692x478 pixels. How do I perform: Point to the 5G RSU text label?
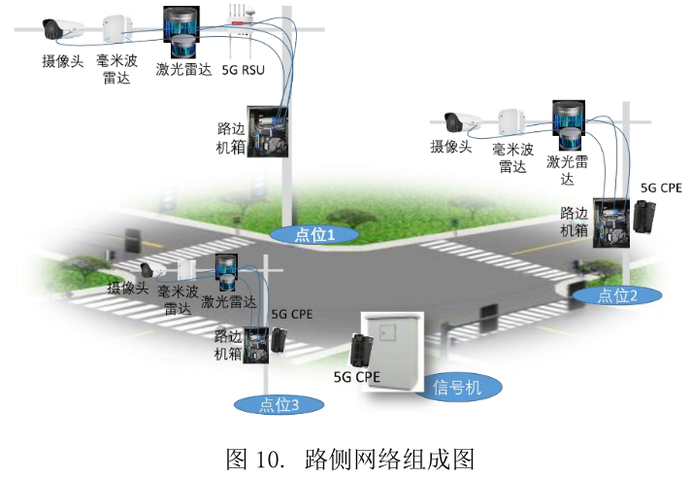click(244, 71)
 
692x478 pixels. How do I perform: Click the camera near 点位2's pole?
click(461, 122)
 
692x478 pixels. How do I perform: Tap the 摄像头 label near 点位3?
click(128, 289)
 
